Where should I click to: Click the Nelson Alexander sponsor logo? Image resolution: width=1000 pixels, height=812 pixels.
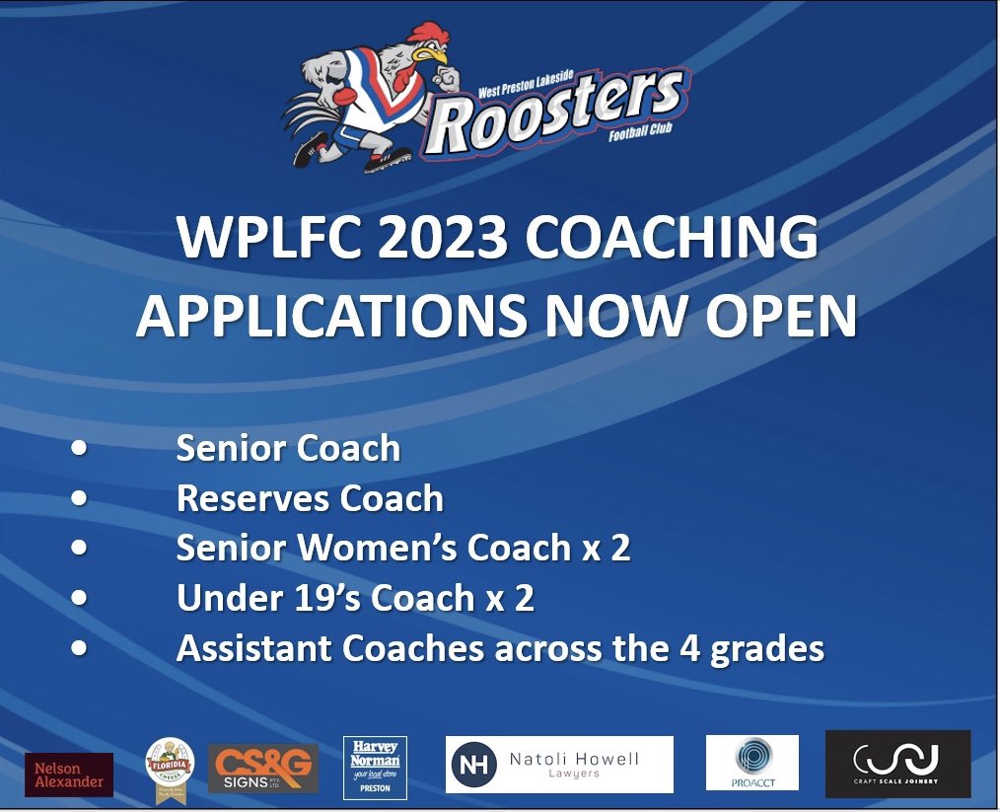[69, 775]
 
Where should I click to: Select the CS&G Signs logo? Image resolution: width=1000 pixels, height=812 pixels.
[263, 769]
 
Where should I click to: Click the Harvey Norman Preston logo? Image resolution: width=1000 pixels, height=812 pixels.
[375, 767]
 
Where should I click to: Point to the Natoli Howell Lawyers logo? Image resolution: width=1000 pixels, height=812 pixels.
[559, 765]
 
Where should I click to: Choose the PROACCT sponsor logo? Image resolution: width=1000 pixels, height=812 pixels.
[751, 763]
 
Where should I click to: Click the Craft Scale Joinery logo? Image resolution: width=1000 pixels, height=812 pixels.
[897, 763]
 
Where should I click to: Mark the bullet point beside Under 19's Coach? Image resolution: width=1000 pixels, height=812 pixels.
[79, 598]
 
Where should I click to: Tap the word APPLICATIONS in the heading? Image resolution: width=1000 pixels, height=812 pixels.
[321, 317]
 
